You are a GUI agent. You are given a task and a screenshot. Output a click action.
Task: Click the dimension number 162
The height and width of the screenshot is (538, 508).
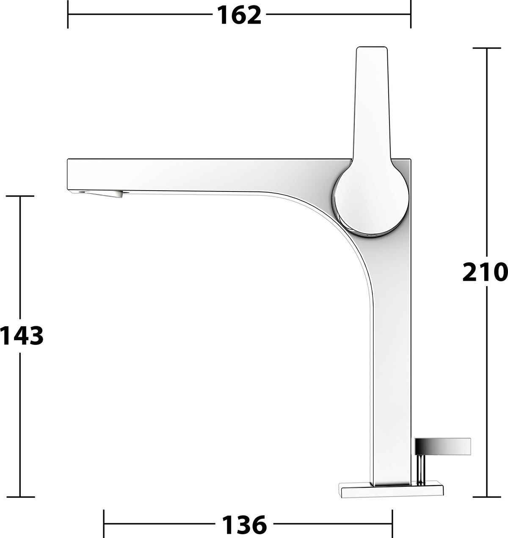(239, 16)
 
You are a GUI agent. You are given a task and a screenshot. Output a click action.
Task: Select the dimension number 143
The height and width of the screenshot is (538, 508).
(22, 336)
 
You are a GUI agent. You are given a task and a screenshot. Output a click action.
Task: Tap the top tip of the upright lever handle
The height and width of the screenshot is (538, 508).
(372, 47)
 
